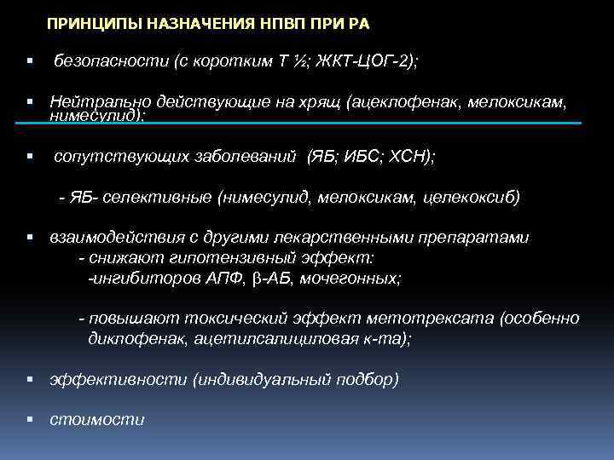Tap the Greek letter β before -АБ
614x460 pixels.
click(258, 279)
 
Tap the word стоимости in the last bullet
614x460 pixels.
click(97, 419)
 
